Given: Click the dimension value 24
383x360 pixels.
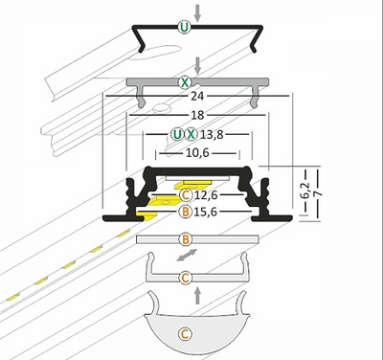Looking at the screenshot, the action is [x=197, y=96].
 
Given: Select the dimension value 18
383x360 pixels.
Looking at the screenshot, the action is [x=197, y=115].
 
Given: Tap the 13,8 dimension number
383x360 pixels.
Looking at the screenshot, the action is [x=212, y=135].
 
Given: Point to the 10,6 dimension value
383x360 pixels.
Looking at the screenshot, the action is [x=197, y=153].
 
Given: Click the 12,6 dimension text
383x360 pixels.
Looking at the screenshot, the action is [x=206, y=195].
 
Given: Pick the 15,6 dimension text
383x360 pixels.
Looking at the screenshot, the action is [x=206, y=212].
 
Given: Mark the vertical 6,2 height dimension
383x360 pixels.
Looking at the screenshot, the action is [x=305, y=191].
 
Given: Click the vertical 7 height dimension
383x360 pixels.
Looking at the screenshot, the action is [x=318, y=193].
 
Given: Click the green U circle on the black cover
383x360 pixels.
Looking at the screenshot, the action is [x=184, y=27].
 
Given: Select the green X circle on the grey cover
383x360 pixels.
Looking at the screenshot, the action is [x=184, y=82].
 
